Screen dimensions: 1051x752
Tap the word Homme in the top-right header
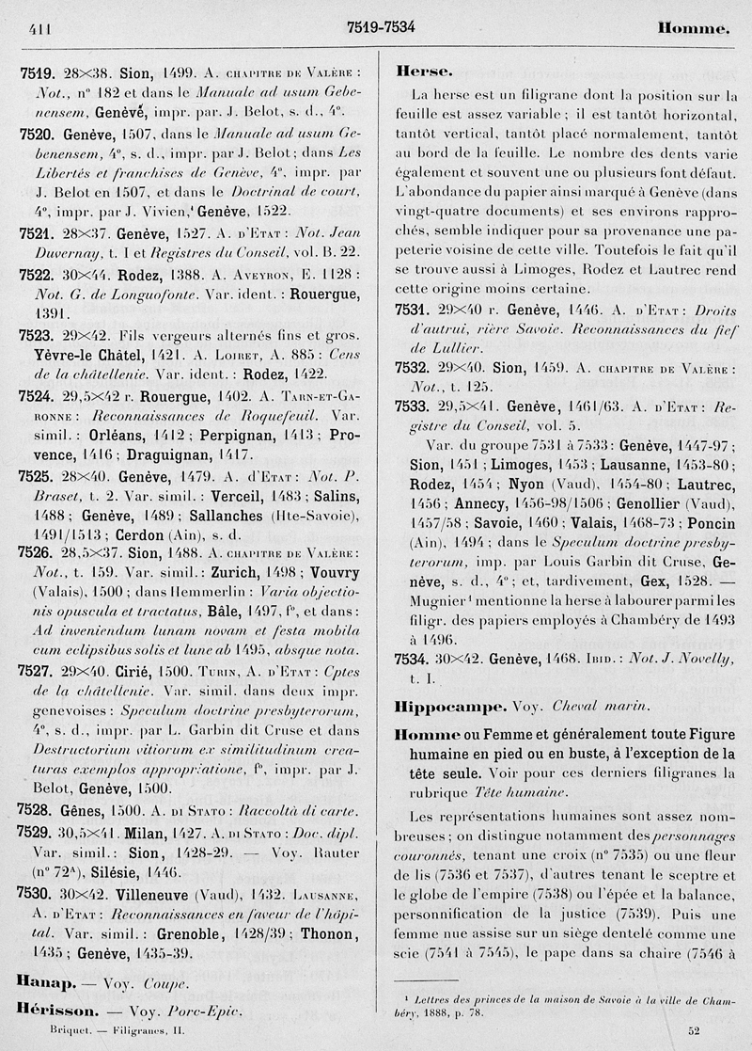(x=694, y=29)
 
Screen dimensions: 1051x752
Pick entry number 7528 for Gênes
(x=35, y=809)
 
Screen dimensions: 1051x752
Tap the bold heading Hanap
(x=41, y=984)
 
